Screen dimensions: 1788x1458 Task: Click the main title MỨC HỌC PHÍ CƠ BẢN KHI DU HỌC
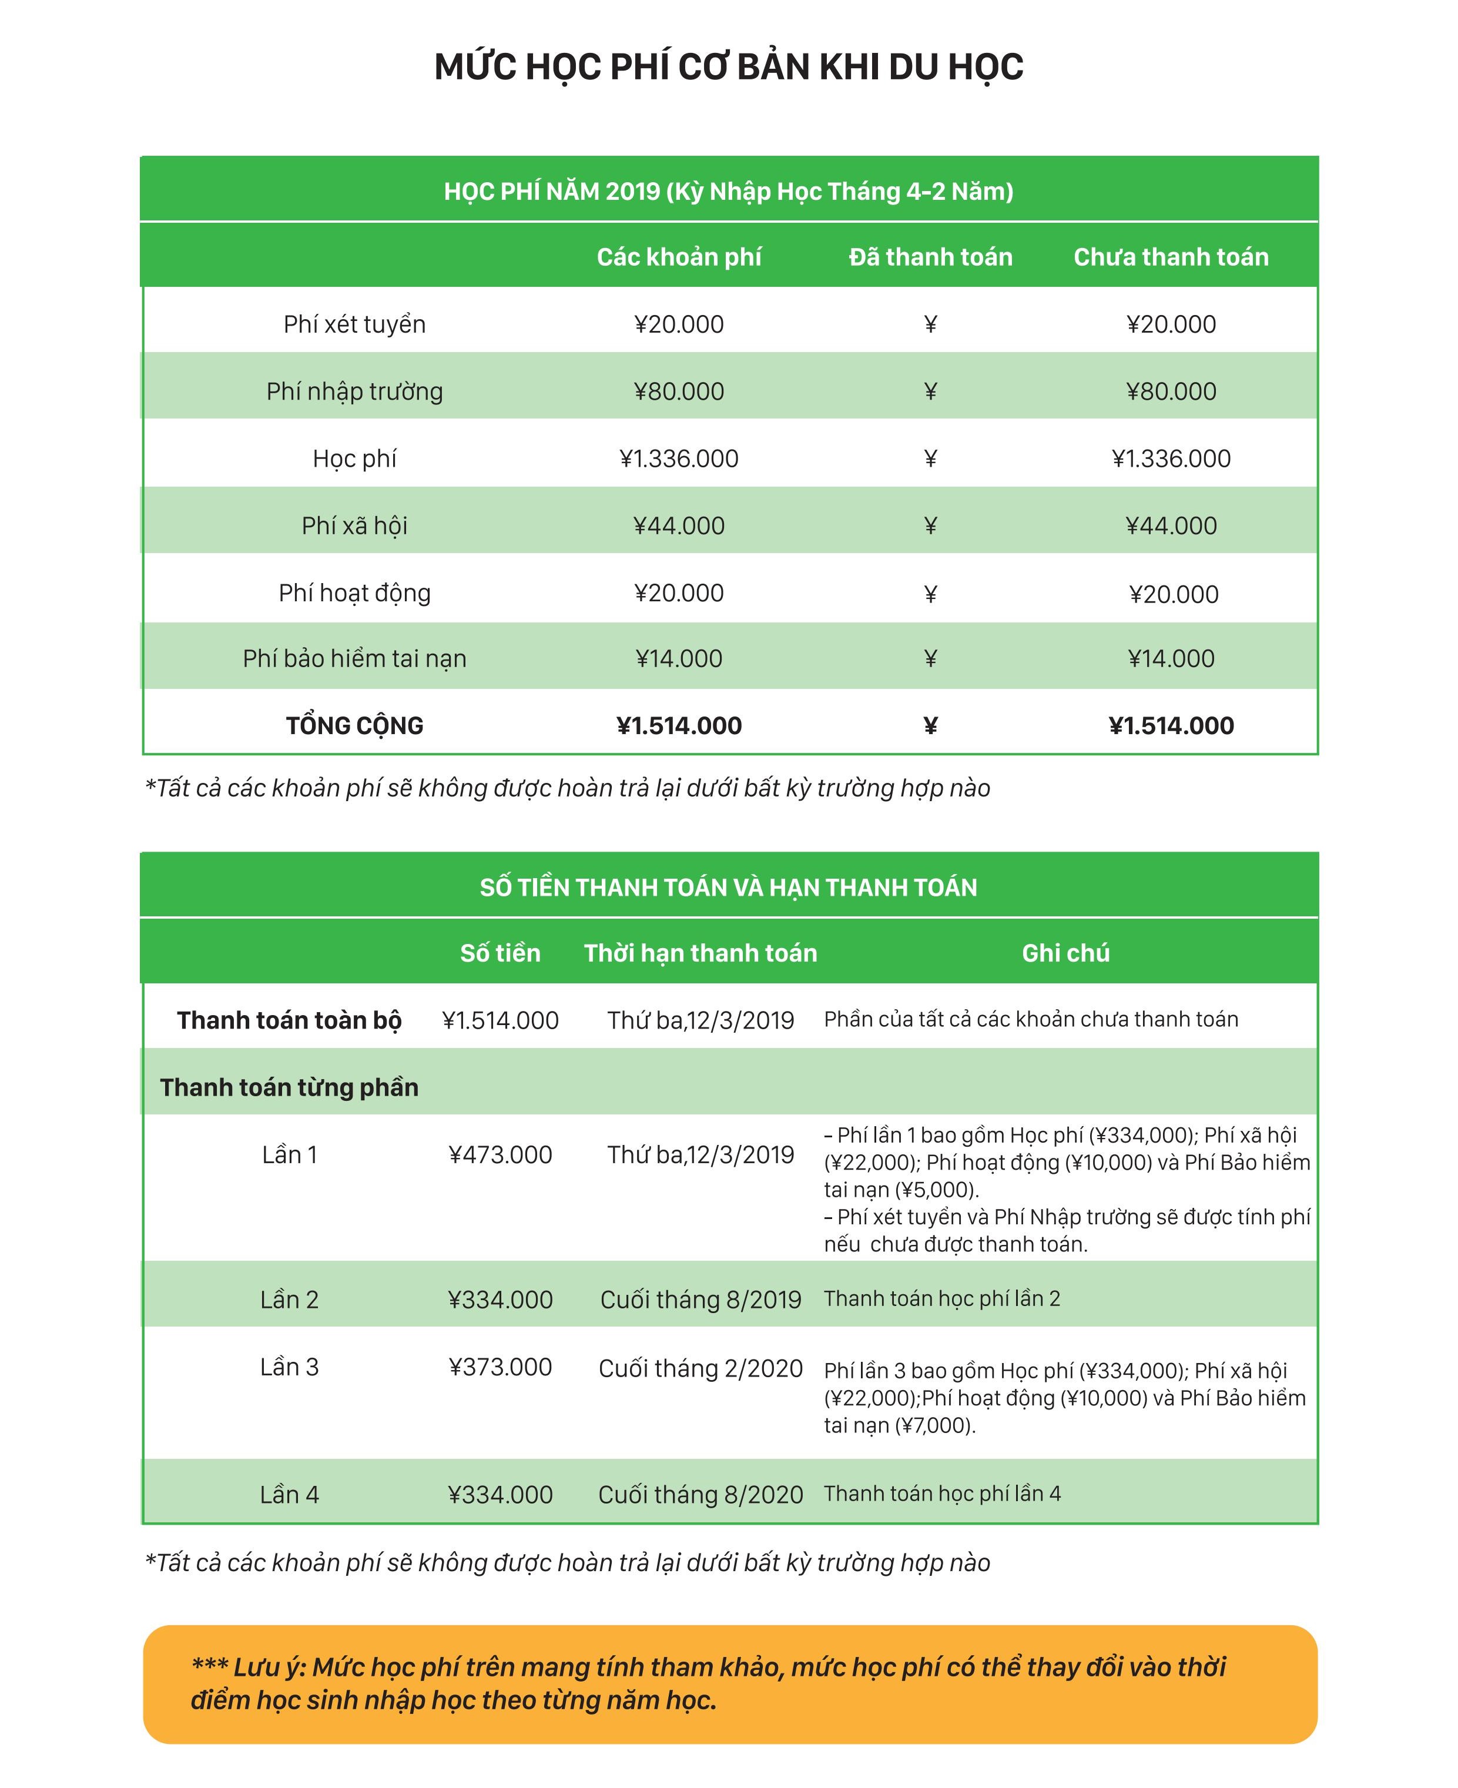coord(728,67)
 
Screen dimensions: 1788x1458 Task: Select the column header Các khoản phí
coord(679,257)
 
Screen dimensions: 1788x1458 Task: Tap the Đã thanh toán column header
coord(930,257)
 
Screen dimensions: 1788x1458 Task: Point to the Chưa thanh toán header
coord(1171,257)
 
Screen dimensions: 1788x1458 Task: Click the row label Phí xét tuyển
coord(354,324)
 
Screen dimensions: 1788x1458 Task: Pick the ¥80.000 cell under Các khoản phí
coord(679,391)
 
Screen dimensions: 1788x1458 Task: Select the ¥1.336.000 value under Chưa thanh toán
coord(1171,458)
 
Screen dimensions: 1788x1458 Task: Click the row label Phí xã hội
coord(354,525)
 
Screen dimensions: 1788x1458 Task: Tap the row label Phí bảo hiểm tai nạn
coord(354,658)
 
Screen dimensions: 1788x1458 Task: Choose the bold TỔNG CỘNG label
coord(354,726)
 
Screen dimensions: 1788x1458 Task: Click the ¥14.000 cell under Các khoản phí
coord(679,658)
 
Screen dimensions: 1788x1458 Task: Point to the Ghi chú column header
coord(1065,953)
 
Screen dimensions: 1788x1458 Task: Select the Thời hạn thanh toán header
coord(700,953)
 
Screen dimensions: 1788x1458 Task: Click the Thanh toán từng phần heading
coord(289,1087)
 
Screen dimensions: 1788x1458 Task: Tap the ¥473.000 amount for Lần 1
coord(501,1155)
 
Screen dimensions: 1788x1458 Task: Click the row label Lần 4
coord(289,1495)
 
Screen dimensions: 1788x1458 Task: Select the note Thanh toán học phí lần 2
coord(941,1299)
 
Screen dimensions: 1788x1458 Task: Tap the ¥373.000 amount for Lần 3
coord(501,1367)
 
